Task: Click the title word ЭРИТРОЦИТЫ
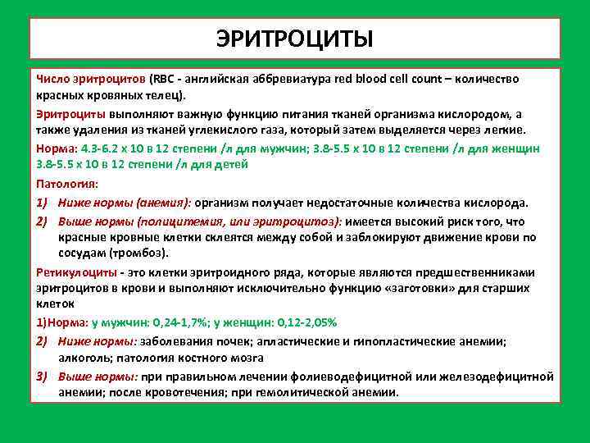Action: coord(294,39)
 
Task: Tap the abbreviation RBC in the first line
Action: coord(165,79)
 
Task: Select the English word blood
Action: coord(380,79)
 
